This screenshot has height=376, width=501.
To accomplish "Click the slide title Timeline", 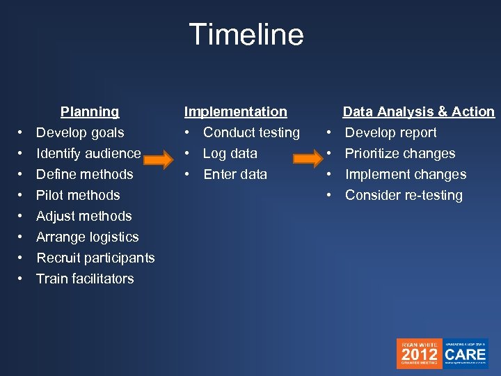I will (246, 35).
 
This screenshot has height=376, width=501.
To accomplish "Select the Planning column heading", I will (90, 111).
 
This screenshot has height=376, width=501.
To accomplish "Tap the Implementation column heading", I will (235, 111).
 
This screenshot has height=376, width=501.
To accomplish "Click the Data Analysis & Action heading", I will (418, 111).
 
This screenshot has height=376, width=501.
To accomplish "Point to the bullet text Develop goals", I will (80, 132).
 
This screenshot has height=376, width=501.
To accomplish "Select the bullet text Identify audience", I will (88, 153).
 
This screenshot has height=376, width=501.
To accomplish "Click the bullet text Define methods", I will (84, 174).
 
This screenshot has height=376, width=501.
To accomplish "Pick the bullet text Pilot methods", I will (78, 195).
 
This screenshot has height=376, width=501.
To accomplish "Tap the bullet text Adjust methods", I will (83, 216).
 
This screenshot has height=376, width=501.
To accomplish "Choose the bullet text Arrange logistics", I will (88, 237).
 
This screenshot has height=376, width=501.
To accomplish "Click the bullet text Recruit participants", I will (95, 258).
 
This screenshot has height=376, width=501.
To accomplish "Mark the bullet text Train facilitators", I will (85, 279).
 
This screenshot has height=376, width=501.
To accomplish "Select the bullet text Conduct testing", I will (251, 132).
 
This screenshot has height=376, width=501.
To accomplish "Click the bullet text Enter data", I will (235, 174).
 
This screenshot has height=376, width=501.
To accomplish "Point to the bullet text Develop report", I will (391, 132).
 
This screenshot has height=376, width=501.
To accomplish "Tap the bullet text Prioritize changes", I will (400, 153).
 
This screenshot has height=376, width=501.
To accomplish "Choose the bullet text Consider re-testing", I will (404, 195).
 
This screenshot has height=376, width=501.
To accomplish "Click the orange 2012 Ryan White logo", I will (419, 354).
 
